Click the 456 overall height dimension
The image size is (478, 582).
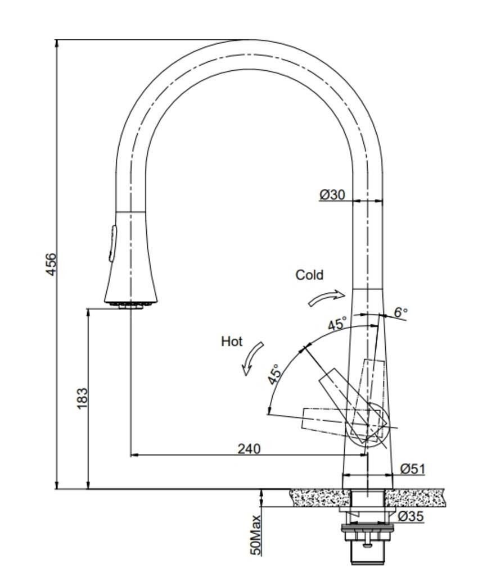(51, 264)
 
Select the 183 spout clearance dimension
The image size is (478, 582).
(82, 398)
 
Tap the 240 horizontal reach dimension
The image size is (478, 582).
(249, 448)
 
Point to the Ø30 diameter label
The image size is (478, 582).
(332, 194)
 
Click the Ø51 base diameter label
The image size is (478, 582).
(412, 469)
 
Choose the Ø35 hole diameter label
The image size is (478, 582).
(411, 516)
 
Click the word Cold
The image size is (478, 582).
(309, 275)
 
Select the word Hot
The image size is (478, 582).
(232, 341)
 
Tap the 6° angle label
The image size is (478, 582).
(400, 312)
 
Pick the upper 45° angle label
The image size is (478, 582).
(337, 324)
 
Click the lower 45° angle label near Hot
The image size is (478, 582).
(274, 374)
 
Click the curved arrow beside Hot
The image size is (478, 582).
(253, 358)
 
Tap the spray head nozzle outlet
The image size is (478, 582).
(130, 305)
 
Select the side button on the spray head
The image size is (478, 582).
(112, 243)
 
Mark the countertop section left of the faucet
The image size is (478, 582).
(318, 498)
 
